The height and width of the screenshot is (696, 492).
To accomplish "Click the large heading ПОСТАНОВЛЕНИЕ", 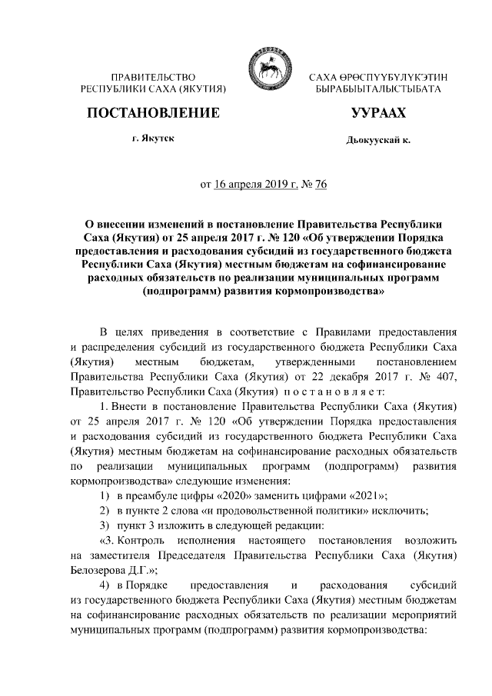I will tap(153, 113).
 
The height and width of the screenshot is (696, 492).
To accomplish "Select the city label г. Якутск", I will tap(153, 138).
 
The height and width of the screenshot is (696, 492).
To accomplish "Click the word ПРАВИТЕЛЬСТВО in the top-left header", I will tap(153, 78).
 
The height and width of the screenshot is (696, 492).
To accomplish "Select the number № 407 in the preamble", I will tap(443, 375).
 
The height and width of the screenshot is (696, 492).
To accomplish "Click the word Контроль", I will tap(133, 541).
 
